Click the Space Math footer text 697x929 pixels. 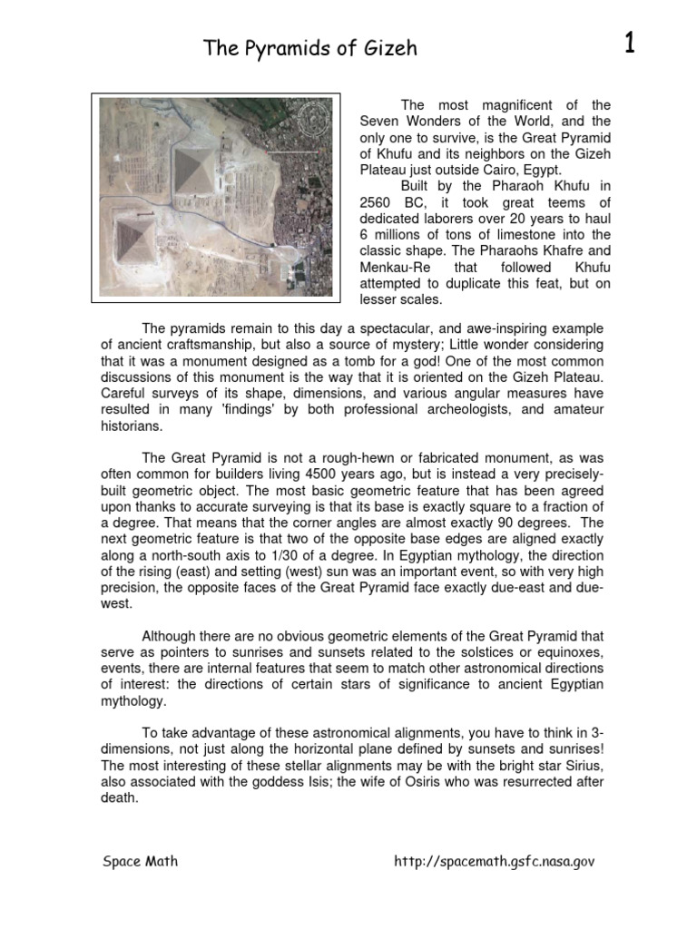pyautogui.click(x=141, y=861)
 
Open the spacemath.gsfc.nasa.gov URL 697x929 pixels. pyautogui.click(x=494, y=862)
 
